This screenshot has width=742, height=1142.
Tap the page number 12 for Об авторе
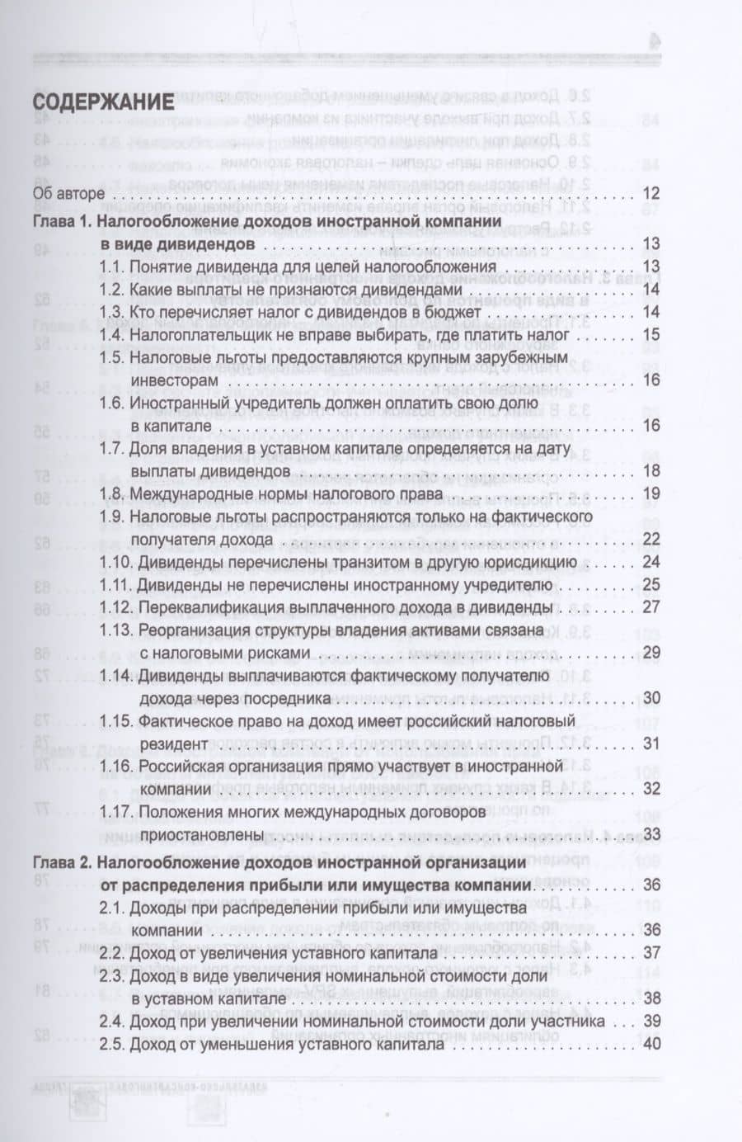click(x=651, y=194)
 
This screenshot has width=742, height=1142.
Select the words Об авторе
click(x=68, y=194)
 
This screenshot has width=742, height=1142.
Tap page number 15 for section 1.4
click(x=651, y=335)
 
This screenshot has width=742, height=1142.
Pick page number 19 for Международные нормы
click(x=651, y=495)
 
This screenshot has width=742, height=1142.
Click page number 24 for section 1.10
click(x=651, y=563)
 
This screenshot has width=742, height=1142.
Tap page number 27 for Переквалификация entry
click(x=651, y=608)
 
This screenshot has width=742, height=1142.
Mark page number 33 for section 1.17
click(x=651, y=834)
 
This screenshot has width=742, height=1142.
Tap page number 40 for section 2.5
click(x=651, y=1045)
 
